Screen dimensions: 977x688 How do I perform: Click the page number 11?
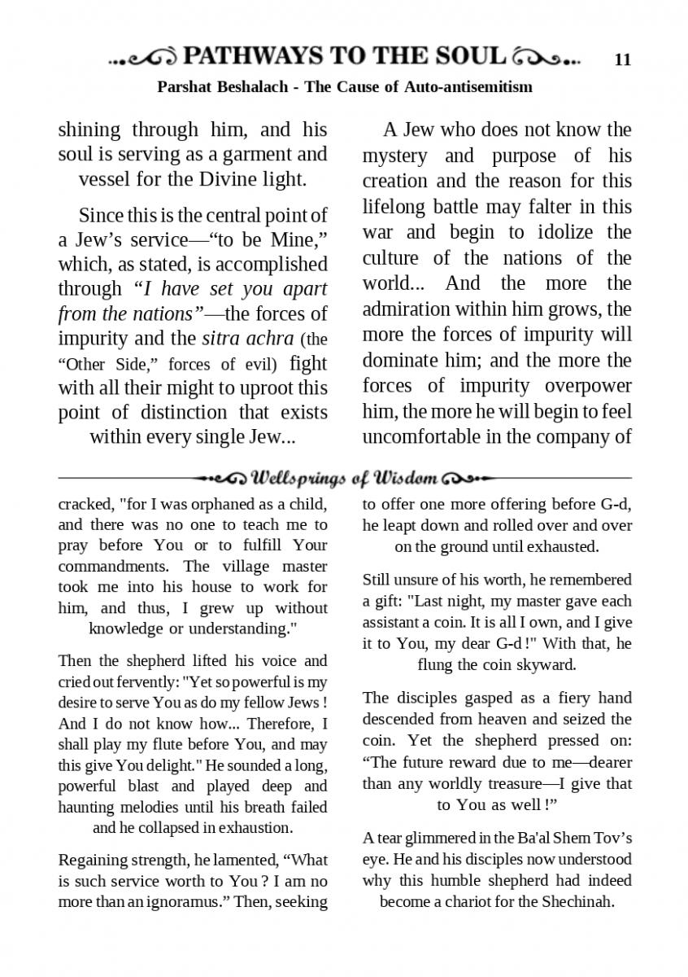(623, 59)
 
